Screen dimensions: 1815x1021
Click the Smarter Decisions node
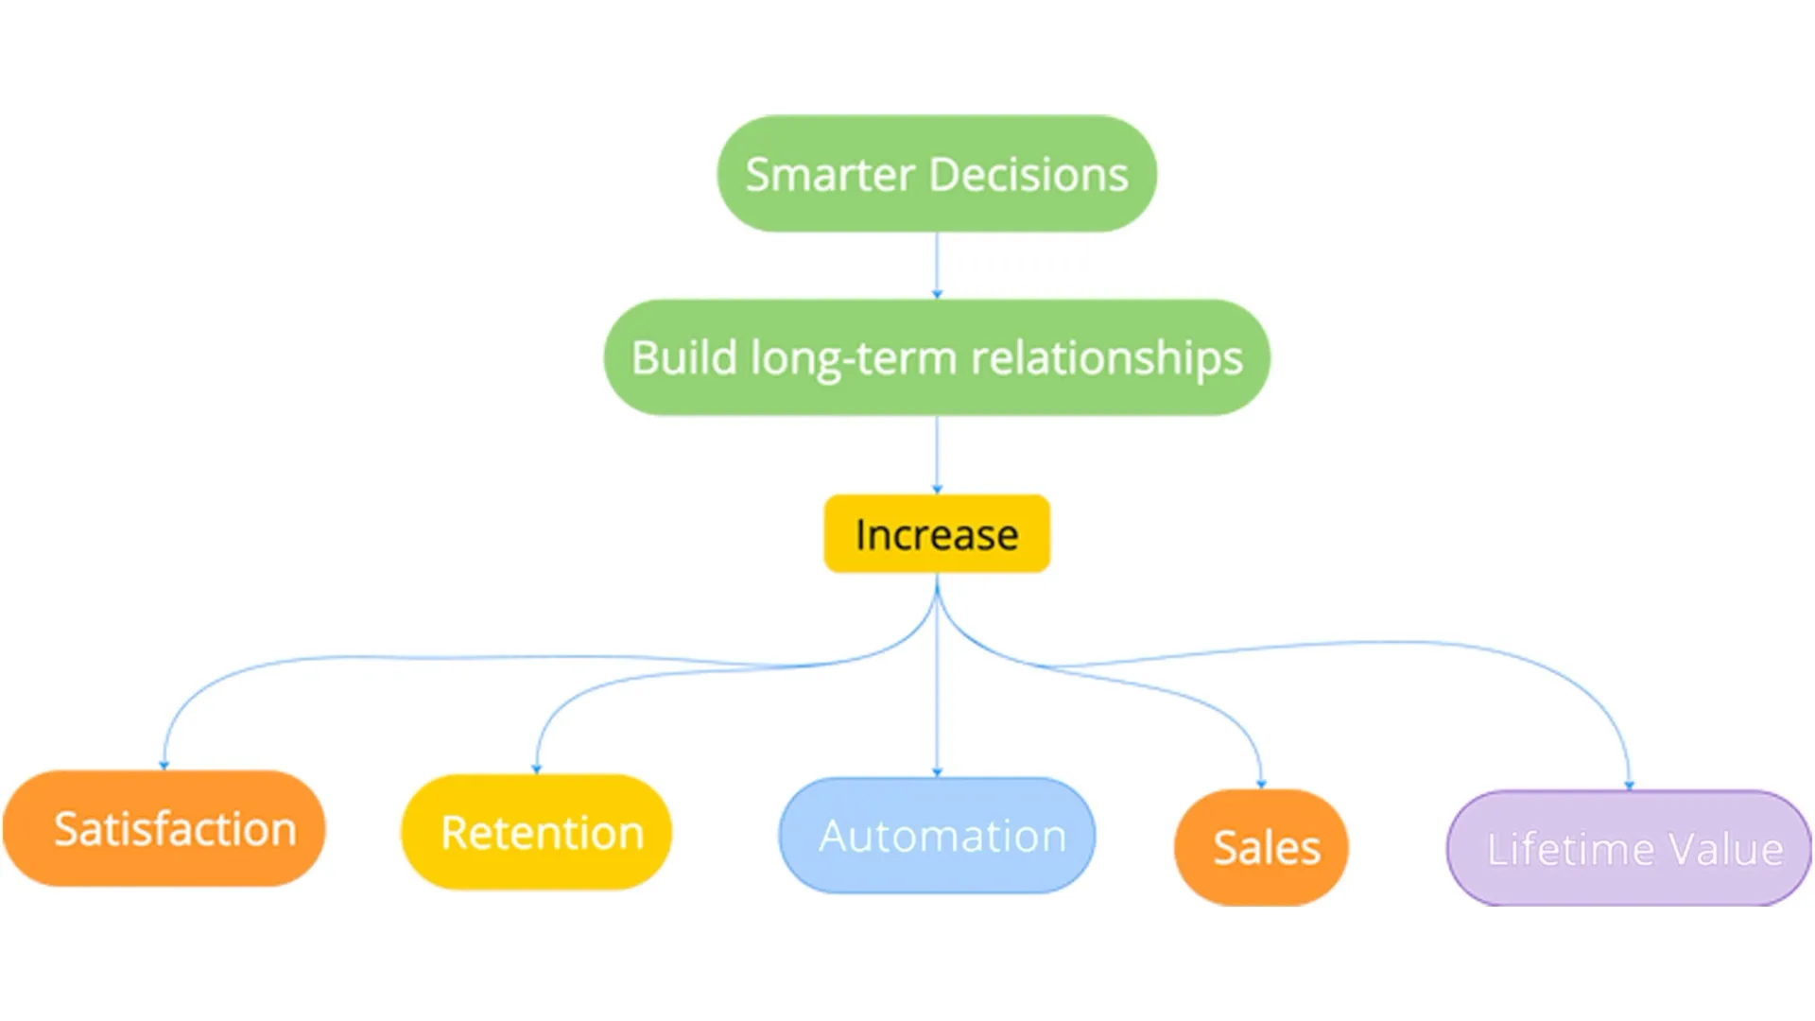pos(937,174)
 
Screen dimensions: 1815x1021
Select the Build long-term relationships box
pos(937,357)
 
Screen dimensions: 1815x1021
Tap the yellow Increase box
pos(937,534)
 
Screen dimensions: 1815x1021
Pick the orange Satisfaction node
pos(164,828)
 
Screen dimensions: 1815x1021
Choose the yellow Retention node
pos(537,832)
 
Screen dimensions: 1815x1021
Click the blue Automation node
pos(937,836)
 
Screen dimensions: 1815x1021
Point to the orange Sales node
pos(1261,847)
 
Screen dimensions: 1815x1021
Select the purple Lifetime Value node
pos(1629,848)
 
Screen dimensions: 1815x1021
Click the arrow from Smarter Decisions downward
pos(937,266)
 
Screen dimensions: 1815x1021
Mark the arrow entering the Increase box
pos(937,455)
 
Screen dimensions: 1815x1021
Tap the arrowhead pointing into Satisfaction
pos(164,765)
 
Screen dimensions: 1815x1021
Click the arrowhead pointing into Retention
pos(537,769)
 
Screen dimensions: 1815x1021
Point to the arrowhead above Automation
pos(937,772)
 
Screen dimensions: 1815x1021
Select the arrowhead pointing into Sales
pos(1261,784)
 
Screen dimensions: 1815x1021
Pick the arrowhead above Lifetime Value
pos(1629,785)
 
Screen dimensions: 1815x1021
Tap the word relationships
pos(1107,359)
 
